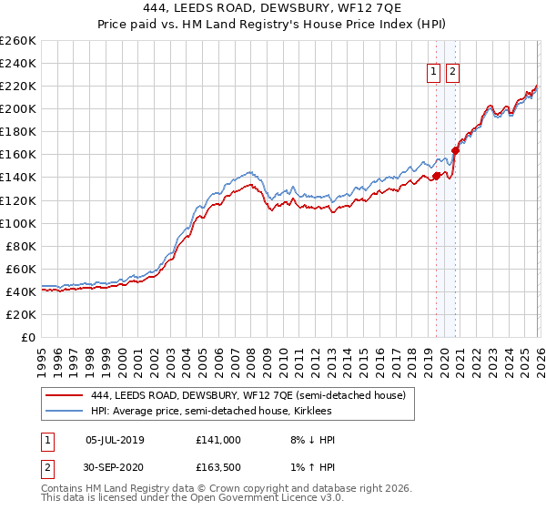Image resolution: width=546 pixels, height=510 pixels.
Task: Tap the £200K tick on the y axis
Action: pyautogui.click(x=18, y=108)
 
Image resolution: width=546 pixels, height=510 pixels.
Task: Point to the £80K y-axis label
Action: pyautogui.click(x=21, y=246)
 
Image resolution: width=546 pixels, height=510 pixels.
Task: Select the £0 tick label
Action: pyautogui.click(x=27, y=337)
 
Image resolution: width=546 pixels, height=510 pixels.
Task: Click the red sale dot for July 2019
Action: pyautogui.click(x=436, y=176)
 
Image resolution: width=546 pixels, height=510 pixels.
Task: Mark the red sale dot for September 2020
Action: pyautogui.click(x=456, y=150)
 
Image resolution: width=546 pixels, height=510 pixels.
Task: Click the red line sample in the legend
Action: pyautogui.click(x=65, y=394)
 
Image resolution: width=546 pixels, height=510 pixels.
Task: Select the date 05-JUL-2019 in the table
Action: pyautogui.click(x=115, y=439)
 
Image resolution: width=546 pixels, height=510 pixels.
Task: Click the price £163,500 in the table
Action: pyautogui.click(x=218, y=469)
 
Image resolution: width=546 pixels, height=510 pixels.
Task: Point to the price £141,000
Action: pyautogui.click(x=218, y=439)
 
